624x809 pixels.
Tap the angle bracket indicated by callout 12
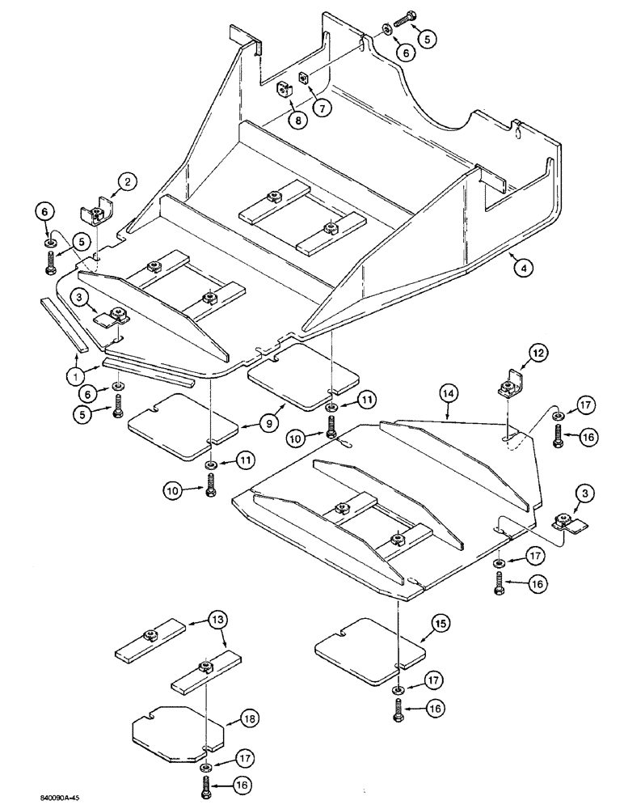pos(508,382)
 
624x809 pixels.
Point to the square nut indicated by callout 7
pos(305,78)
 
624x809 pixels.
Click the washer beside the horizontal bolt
pos(386,29)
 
